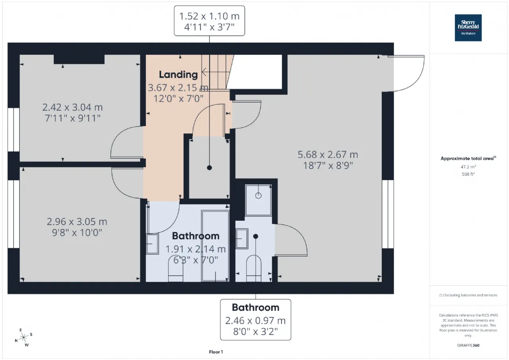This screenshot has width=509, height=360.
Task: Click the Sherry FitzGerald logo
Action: click(x=468, y=28)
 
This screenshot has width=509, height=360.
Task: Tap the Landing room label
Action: click(x=178, y=74)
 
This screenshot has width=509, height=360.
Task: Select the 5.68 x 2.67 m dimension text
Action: click(x=328, y=155)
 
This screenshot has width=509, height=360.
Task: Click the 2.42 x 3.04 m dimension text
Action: click(x=72, y=107)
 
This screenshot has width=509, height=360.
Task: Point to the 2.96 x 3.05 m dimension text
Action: click(x=77, y=222)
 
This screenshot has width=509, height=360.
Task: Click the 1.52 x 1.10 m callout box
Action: click(x=209, y=21)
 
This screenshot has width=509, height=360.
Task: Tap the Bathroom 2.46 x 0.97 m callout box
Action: click(x=255, y=319)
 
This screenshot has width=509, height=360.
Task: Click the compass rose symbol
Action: click(x=23, y=337)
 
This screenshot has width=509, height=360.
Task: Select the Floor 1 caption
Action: click(x=216, y=352)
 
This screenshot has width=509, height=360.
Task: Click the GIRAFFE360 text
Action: click(x=468, y=345)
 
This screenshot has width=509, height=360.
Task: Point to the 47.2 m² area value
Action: click(x=468, y=167)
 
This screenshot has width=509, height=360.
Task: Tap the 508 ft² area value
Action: click(x=468, y=174)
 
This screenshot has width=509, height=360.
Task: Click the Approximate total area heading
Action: click(x=468, y=158)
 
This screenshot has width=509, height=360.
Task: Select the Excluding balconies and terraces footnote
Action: click(x=468, y=295)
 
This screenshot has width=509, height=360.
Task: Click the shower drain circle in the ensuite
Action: click(x=258, y=195)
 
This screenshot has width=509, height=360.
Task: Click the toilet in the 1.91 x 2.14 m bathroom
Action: click(x=176, y=269)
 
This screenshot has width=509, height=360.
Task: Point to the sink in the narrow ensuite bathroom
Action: click(x=242, y=239)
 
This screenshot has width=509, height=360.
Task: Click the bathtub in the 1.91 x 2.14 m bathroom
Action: click(x=215, y=246)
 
